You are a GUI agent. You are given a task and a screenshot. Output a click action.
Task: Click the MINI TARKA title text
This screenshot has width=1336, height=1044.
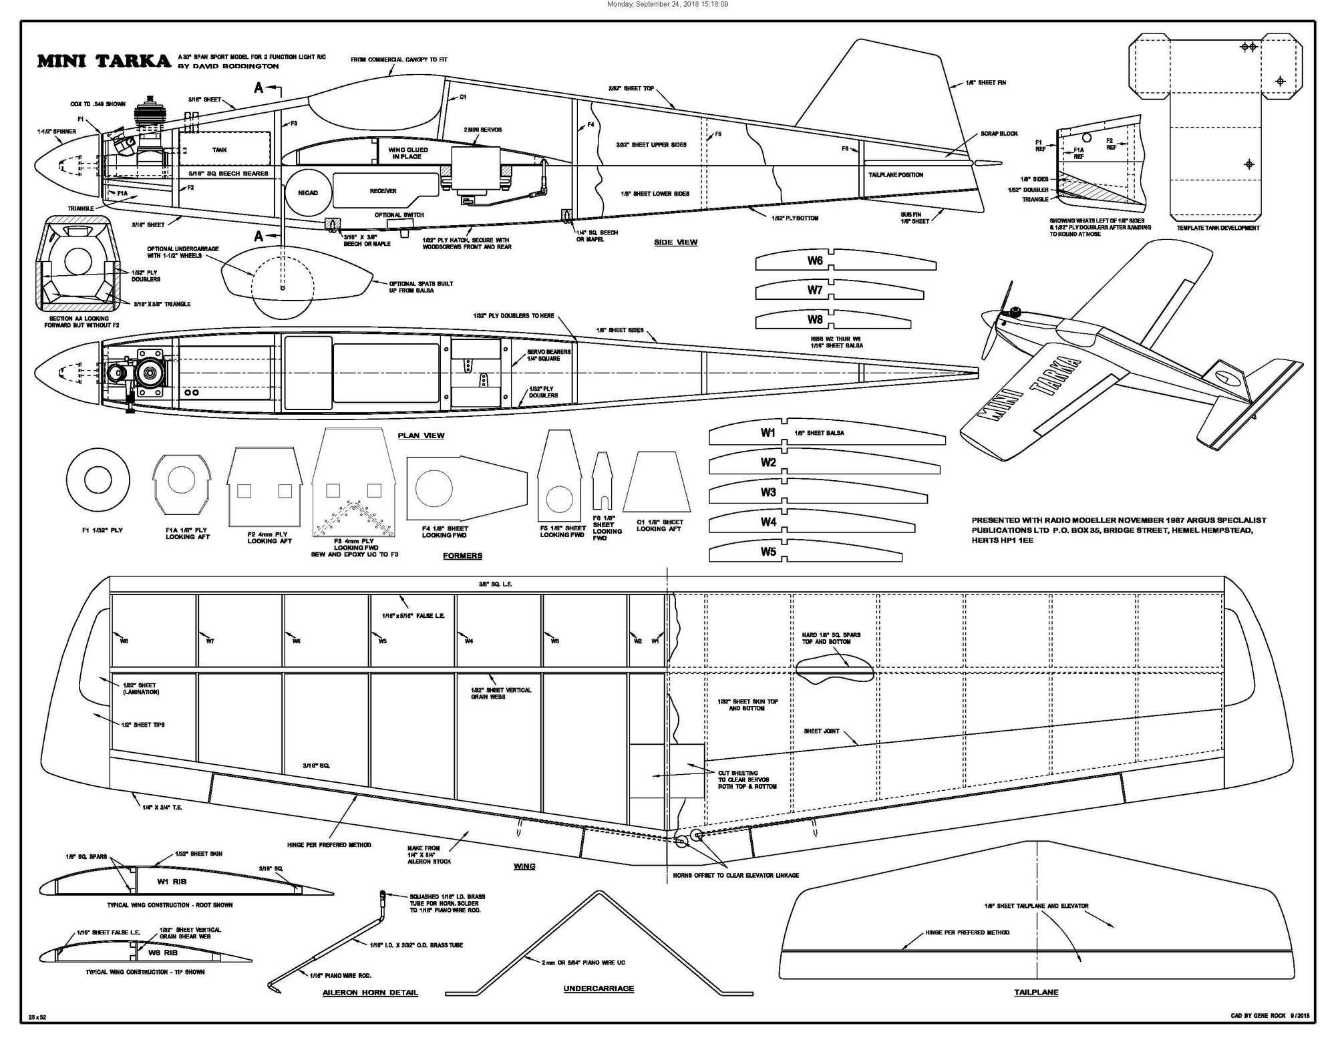coord(104,61)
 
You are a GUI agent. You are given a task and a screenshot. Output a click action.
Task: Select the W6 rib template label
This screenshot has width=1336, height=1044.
coord(814,260)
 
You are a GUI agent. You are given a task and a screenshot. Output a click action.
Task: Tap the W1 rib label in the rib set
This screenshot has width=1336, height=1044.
coord(768,433)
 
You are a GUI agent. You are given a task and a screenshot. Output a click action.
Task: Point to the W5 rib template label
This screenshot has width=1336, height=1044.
coord(768,552)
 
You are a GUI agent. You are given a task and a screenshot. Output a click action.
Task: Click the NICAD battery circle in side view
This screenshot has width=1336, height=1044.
coord(308,192)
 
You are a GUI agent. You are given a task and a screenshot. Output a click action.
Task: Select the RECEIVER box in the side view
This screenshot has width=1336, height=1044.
coord(383,191)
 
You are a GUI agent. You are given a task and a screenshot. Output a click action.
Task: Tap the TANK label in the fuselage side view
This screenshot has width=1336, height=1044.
coord(220,150)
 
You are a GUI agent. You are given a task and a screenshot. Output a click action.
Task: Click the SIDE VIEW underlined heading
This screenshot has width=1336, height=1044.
coord(675,242)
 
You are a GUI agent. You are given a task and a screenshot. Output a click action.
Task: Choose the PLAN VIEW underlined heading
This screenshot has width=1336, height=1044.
coord(421,436)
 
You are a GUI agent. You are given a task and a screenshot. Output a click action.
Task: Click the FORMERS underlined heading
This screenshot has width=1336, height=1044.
coord(462,555)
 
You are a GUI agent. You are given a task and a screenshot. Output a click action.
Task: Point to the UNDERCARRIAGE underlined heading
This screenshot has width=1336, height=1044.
coord(599,989)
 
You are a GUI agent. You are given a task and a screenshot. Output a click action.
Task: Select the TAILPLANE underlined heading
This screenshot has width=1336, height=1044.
coord(1036,992)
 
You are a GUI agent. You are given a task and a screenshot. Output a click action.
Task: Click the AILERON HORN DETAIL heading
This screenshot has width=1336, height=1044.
coord(370,993)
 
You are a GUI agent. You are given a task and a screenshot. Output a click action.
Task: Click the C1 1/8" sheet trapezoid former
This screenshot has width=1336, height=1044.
coord(657,482)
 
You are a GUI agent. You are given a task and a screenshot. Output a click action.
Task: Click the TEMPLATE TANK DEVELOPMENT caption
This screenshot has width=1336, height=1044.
coord(1218,228)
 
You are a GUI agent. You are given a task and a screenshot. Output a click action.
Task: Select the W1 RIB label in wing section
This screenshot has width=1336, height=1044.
coord(172,882)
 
